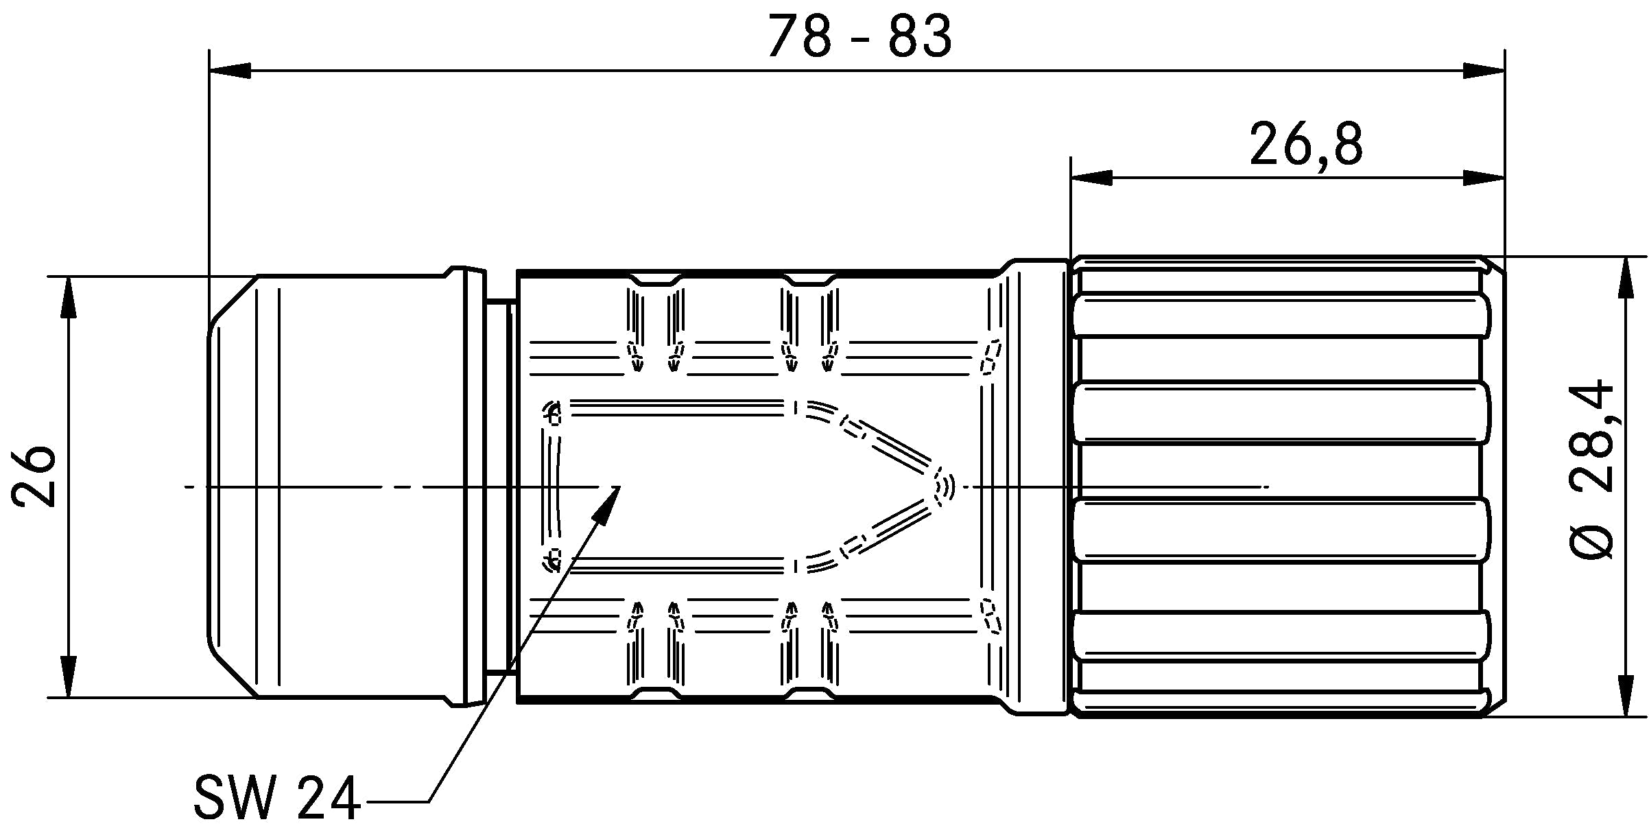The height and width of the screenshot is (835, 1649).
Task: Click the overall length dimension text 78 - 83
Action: pos(859,36)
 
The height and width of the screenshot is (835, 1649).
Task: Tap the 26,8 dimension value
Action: pos(1306,144)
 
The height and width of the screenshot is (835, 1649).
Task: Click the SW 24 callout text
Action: pos(277,798)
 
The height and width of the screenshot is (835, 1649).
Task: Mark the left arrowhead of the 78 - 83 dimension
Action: pos(230,70)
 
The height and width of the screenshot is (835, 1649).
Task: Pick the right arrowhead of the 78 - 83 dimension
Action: pos(1483,70)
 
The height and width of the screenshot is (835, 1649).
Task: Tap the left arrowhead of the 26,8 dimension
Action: pos(1091,178)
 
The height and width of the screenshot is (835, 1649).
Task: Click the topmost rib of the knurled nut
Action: pos(1281,317)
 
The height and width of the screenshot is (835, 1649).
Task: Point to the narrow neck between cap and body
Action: pos(500,486)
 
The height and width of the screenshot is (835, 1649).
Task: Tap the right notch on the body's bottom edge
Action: pos(809,694)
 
